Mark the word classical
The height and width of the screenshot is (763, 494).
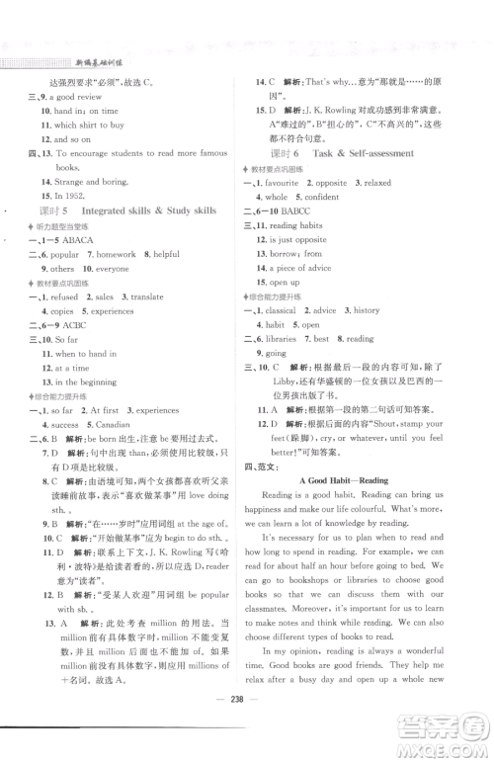[287, 310]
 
